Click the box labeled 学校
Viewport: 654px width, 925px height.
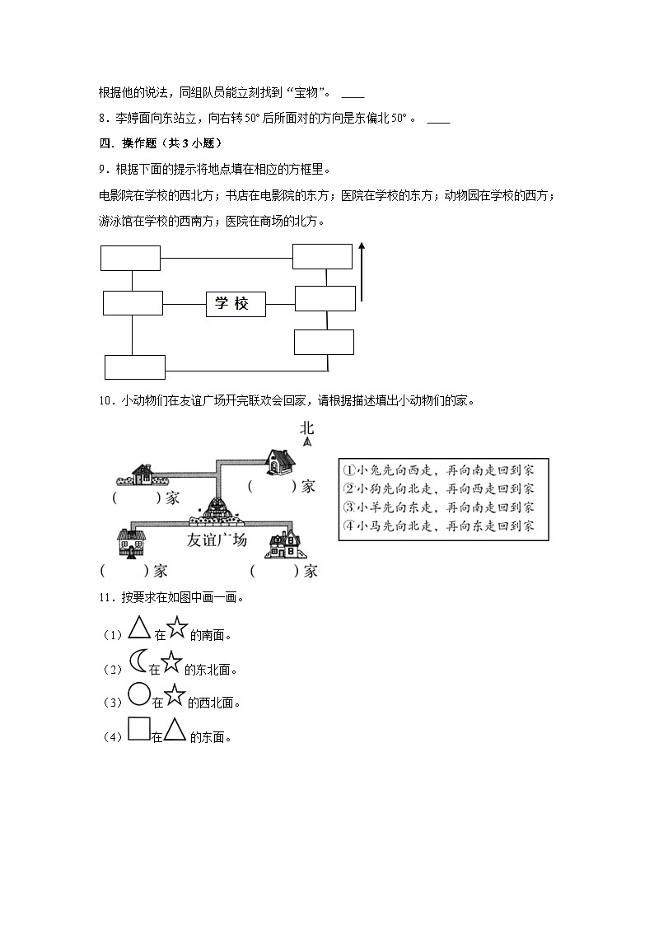point(236,304)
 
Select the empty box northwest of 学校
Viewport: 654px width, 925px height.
point(130,258)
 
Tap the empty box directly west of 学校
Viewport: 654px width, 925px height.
point(133,302)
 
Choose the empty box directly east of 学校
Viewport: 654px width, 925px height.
point(325,298)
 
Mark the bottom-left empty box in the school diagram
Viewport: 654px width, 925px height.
point(135,367)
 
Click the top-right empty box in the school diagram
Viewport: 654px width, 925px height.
point(322,256)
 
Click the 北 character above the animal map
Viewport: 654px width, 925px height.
point(307,427)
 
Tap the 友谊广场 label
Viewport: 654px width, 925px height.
point(217,540)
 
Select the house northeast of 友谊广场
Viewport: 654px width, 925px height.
point(280,462)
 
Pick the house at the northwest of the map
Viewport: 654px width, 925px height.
point(140,474)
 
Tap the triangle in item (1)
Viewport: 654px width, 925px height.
point(138,632)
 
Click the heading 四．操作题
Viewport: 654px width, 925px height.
point(157,142)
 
